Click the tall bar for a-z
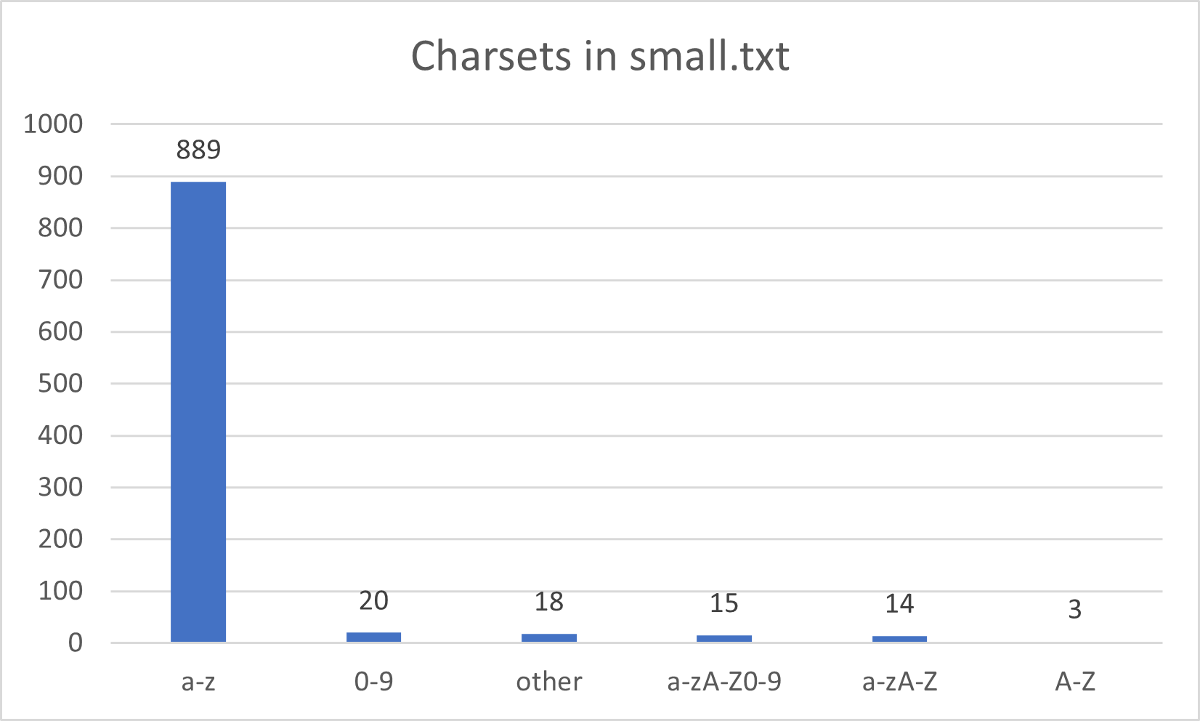[x=198, y=411]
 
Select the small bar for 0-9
[x=373, y=637]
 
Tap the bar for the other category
[x=549, y=638]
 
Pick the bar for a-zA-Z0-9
[x=724, y=639]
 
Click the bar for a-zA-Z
[x=899, y=639]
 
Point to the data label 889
[x=198, y=150]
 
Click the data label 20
[x=373, y=601]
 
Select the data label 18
[x=549, y=602]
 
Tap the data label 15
[x=724, y=603]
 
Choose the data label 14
[x=899, y=604]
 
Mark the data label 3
[x=1075, y=609]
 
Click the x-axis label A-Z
[x=1075, y=682]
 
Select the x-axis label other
[x=549, y=682]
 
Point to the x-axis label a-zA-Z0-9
[x=724, y=682]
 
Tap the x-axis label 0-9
[x=373, y=682]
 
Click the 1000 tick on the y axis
[x=54, y=124]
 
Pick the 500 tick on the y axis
[x=60, y=384]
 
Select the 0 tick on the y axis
[x=76, y=643]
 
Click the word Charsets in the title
[x=491, y=56]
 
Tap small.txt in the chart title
[x=709, y=56]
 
